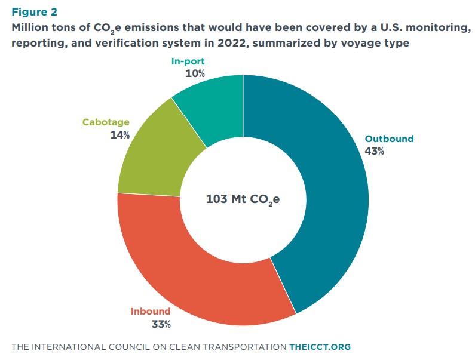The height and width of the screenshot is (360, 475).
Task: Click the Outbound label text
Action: [x=389, y=139]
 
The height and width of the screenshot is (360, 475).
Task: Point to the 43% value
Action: [x=374, y=152]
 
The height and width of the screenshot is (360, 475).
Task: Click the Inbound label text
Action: [x=151, y=312]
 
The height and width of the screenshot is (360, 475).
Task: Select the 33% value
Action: [x=161, y=325]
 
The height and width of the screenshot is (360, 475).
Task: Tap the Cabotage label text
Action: [x=106, y=122]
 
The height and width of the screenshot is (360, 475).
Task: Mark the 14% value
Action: [x=120, y=135]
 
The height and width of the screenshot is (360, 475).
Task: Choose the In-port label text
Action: [x=188, y=61]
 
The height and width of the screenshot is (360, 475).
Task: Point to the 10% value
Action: [x=195, y=74]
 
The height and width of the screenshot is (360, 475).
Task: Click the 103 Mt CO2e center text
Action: [x=243, y=199]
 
